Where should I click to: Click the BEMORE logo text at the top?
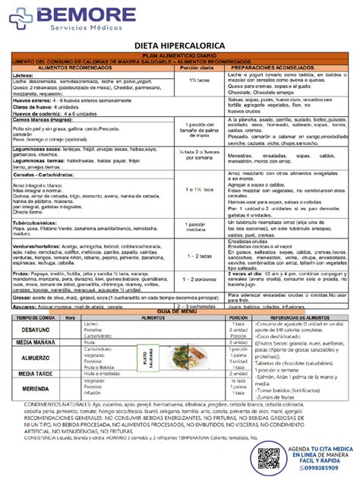(x=67, y=13)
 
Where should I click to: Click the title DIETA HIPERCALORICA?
(x=179, y=46)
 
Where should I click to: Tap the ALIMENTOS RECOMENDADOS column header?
(x=73, y=67)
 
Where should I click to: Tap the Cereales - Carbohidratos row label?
(x=42, y=175)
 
